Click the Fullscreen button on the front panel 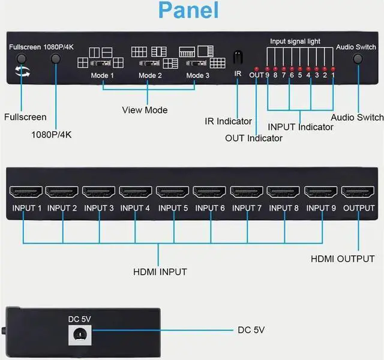click(x=22, y=58)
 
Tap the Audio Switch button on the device click(x=359, y=58)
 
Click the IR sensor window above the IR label click(x=237, y=58)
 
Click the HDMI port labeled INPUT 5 click(x=172, y=193)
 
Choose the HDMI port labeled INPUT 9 click(x=320, y=193)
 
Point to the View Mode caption click(x=145, y=110)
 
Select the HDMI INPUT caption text click(x=160, y=272)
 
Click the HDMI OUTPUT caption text click(x=343, y=259)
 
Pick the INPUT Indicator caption click(x=300, y=127)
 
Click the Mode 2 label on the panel click(x=150, y=76)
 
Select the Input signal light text click(x=295, y=41)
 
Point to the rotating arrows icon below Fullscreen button click(x=22, y=72)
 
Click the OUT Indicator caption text click(x=253, y=138)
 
